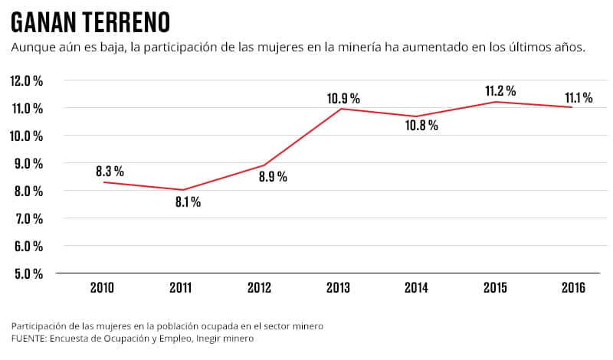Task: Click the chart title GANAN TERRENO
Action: pyautogui.click(x=90, y=21)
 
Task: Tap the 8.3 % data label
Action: pyautogui.click(x=110, y=171)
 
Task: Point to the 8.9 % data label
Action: pyautogui.click(x=273, y=177)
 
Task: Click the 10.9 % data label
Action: pyautogui.click(x=343, y=98)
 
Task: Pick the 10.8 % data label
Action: pyautogui.click(x=422, y=126)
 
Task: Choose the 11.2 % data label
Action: pyautogui.click(x=500, y=91)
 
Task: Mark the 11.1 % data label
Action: pyautogui.click(x=579, y=97)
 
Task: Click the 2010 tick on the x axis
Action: pyautogui.click(x=103, y=288)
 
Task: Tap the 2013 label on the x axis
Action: pyautogui.click(x=338, y=288)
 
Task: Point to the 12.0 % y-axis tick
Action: pyautogui.click(x=27, y=80)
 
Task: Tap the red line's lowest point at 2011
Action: pyautogui.click(x=182, y=190)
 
